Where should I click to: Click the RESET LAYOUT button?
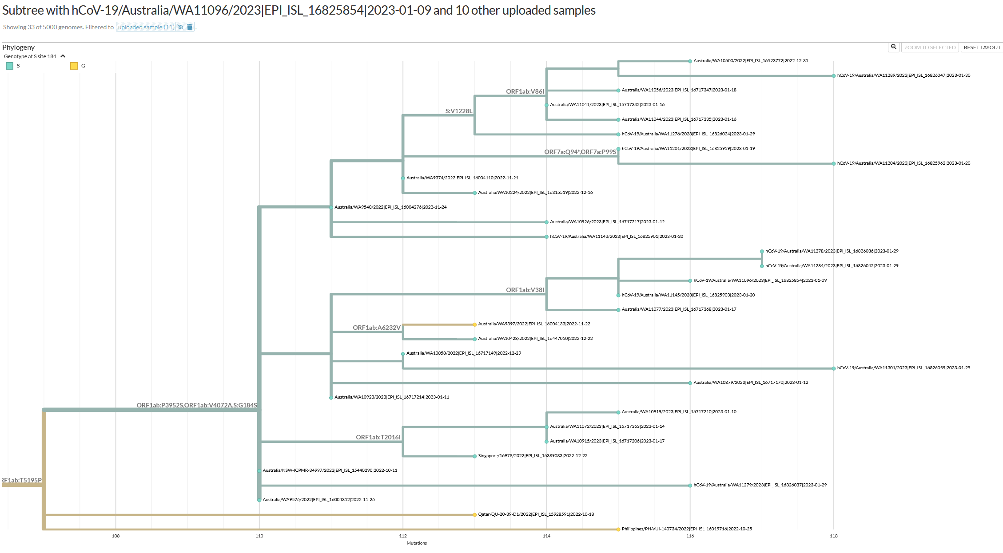tap(982, 47)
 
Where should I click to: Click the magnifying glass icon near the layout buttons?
tap(893, 47)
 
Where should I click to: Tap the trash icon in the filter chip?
tap(190, 27)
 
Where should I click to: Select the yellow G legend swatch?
tap(74, 66)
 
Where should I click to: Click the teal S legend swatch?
tap(9, 66)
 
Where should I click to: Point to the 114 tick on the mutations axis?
tap(546, 536)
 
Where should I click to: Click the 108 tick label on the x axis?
tap(115, 536)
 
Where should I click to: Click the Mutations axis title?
tap(417, 543)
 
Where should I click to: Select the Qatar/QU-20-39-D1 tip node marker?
tap(475, 515)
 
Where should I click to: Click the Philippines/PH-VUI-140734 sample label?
tap(687, 529)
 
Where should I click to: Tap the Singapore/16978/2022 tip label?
tap(533, 456)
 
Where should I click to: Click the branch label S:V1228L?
tap(459, 111)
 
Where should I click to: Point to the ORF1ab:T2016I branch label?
tap(378, 437)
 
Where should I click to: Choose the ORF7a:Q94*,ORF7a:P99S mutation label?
tap(580, 152)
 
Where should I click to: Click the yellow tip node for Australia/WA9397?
tap(475, 324)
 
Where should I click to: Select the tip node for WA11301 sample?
tap(834, 368)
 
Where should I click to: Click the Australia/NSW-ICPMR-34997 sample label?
tap(330, 470)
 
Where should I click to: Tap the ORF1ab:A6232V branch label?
tap(377, 328)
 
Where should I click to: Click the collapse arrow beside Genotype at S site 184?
tap(63, 56)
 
